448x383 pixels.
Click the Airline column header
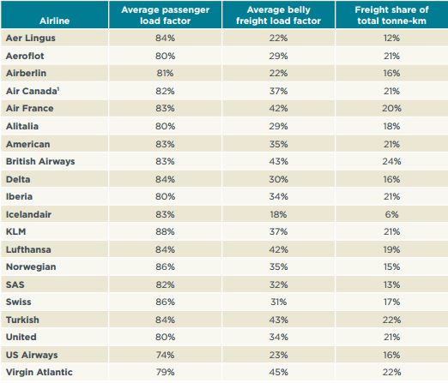54,21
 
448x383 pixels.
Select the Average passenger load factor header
165,15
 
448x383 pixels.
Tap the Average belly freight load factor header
278,15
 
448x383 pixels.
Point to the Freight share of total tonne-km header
391,15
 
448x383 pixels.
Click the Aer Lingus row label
31,38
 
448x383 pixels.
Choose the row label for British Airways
40,161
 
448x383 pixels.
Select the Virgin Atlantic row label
39,372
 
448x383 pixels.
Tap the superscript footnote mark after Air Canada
58,89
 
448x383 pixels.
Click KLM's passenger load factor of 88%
165,231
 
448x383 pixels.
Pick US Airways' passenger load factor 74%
165,355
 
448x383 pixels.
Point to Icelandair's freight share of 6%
391,214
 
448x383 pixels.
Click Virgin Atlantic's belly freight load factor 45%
278,372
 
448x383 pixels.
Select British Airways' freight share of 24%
391,161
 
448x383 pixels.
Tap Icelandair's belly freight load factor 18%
278,214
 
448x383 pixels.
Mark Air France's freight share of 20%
391,108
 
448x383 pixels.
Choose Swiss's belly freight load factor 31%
278,302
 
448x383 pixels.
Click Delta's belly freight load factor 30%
278,179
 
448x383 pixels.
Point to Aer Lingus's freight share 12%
391,38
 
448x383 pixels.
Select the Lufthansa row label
28,249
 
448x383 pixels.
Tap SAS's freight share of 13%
391,284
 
